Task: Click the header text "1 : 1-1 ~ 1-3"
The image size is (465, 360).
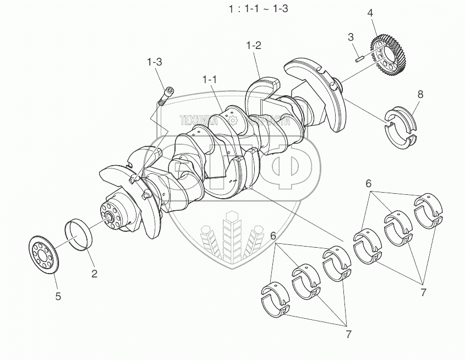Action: click(258, 9)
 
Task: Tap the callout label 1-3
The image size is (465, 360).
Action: click(155, 62)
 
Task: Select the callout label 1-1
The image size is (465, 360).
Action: click(210, 80)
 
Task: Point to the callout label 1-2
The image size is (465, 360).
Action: click(254, 46)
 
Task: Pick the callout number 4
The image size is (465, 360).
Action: click(370, 12)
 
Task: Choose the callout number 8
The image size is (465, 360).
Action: click(420, 94)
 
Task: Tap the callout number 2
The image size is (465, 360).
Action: click(94, 273)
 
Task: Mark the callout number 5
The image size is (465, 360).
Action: click(58, 296)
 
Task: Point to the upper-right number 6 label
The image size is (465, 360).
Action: click(369, 183)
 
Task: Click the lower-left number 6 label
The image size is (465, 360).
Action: click(273, 236)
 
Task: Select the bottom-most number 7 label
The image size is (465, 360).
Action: click(349, 334)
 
